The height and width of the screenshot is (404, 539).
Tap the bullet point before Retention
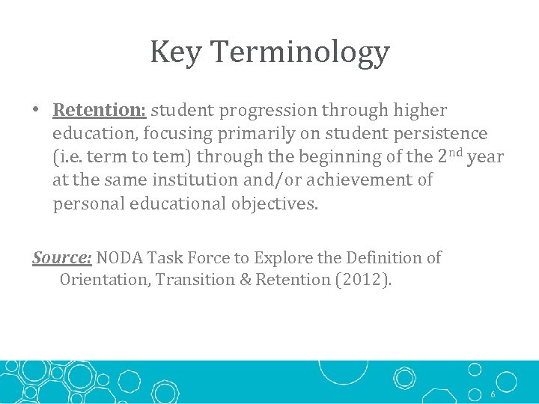point(36,111)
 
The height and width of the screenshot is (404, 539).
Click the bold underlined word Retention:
point(100,111)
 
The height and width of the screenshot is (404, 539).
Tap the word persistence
point(442,134)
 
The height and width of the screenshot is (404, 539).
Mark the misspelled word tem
point(162,157)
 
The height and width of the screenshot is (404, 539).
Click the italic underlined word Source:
point(61,258)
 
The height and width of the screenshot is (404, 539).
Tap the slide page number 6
point(493,394)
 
